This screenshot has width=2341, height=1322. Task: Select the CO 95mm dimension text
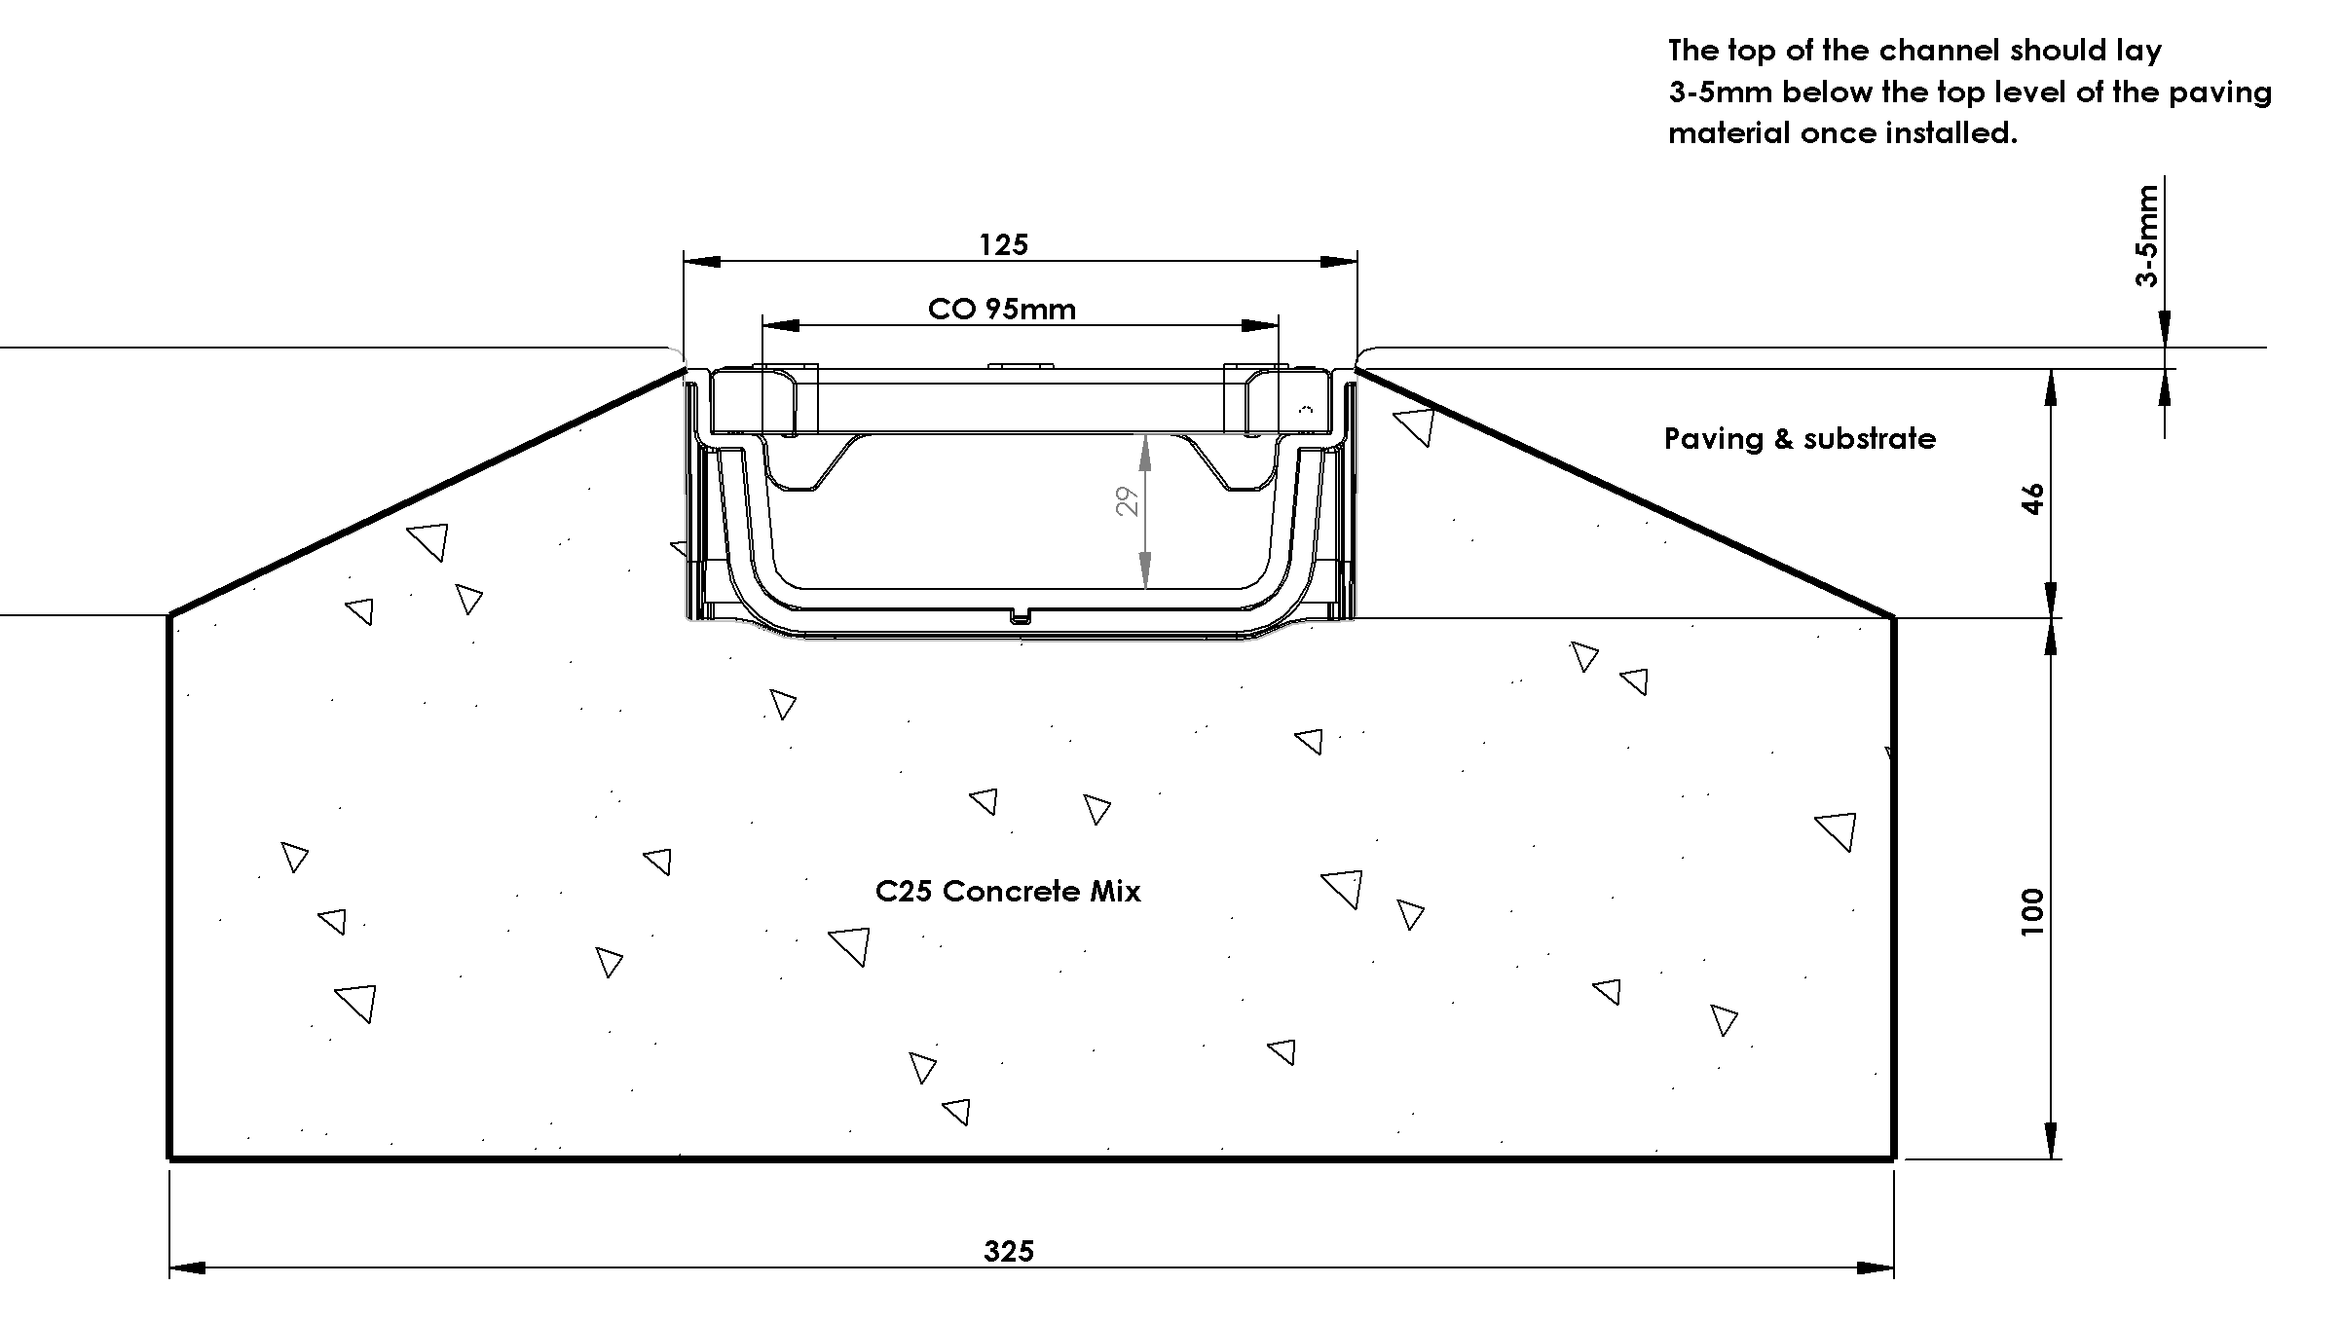click(x=1002, y=309)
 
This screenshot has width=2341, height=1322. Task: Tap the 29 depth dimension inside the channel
click(x=1127, y=502)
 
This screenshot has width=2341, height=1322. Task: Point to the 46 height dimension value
click(x=2033, y=498)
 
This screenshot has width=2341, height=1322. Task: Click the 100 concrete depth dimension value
click(x=2033, y=912)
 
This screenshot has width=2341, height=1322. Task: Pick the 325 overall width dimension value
click(x=1008, y=1251)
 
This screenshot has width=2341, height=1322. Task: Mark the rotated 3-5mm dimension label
click(x=2147, y=236)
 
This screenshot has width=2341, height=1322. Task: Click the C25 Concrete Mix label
click(x=1008, y=891)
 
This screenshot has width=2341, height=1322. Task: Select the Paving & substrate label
click(x=1800, y=439)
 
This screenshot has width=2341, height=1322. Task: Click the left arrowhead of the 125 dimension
click(x=701, y=261)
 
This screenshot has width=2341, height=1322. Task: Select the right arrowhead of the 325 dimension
click(x=1876, y=1267)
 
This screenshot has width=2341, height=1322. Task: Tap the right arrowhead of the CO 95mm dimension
click(x=1260, y=325)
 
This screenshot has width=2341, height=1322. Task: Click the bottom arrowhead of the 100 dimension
click(x=2051, y=1140)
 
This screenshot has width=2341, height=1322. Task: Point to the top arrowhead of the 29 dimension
click(x=1145, y=453)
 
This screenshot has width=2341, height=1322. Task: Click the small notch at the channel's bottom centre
click(x=1021, y=615)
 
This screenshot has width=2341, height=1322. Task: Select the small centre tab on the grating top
click(x=1021, y=366)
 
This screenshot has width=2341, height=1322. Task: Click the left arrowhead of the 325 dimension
click(x=188, y=1267)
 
